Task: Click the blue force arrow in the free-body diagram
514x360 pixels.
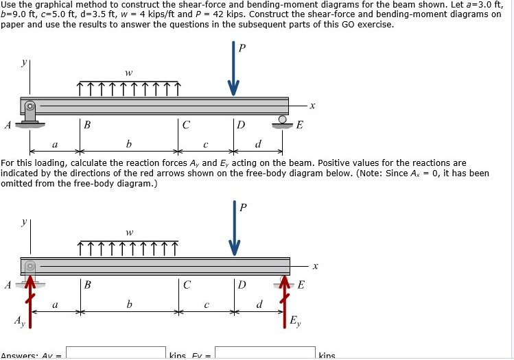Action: click(234, 230)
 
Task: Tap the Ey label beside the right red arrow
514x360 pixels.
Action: click(294, 320)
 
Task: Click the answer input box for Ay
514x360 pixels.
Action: click(116, 352)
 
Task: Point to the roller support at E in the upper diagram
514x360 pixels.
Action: click(283, 121)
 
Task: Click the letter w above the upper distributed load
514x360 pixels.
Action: click(128, 72)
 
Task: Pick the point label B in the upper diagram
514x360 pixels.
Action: click(86, 125)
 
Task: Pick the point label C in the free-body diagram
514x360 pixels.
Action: click(187, 286)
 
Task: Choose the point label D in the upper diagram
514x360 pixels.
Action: click(240, 125)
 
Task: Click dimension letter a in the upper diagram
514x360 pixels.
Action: click(55, 144)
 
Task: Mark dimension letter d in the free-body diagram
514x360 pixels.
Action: click(258, 304)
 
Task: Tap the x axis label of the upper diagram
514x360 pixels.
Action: click(312, 106)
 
